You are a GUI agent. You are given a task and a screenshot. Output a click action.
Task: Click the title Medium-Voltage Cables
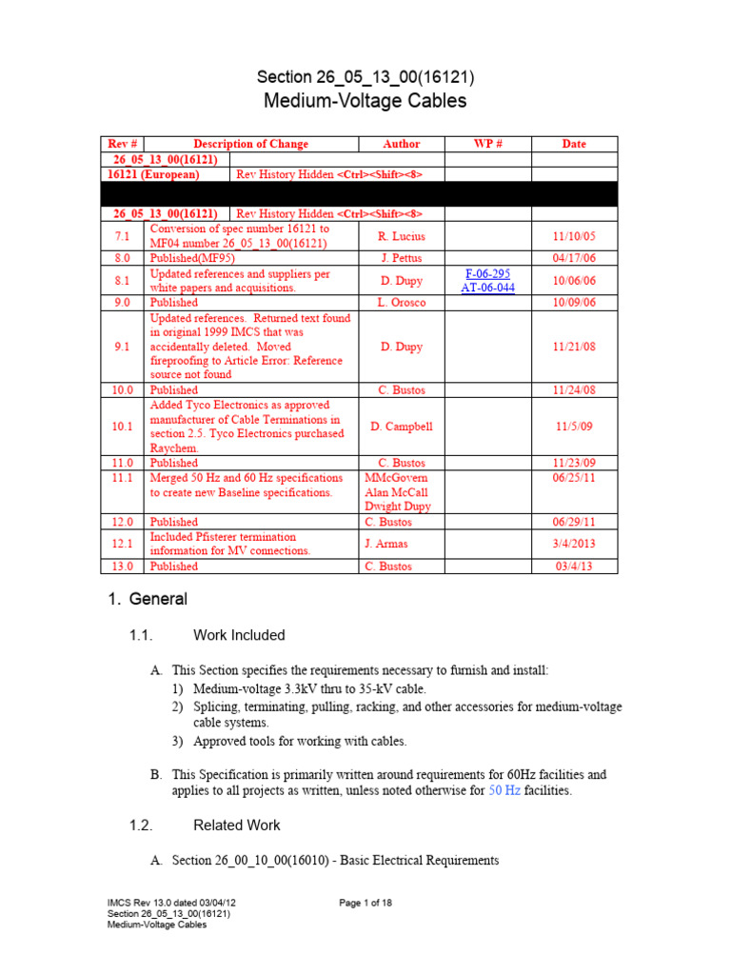(x=365, y=101)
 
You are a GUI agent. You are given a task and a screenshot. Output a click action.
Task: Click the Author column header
(x=401, y=144)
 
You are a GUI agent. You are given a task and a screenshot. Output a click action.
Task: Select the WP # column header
(x=487, y=144)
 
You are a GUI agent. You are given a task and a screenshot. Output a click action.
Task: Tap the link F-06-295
(x=487, y=274)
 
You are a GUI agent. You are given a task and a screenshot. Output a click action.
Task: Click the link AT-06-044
(x=487, y=288)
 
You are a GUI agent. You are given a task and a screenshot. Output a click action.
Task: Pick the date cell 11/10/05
(x=574, y=236)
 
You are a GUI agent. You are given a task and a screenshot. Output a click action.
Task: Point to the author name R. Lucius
(x=401, y=236)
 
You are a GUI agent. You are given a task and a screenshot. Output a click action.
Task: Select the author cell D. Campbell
(x=401, y=427)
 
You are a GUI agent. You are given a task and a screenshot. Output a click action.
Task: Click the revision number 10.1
(x=122, y=427)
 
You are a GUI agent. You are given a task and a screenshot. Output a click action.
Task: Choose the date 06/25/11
(x=574, y=478)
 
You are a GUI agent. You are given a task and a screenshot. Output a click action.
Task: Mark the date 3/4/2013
(x=574, y=544)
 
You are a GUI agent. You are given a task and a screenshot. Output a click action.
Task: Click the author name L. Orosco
(x=401, y=303)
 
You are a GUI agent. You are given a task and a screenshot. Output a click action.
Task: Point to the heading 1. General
(x=147, y=599)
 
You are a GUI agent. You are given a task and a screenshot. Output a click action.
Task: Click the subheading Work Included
(x=239, y=635)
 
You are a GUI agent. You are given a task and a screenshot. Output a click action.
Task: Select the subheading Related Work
(x=237, y=825)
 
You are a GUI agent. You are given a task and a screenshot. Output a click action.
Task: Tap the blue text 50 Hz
(x=504, y=791)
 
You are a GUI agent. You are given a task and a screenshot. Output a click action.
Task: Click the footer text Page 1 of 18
(x=365, y=903)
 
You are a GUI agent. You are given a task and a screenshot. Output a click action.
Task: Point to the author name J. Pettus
(x=401, y=258)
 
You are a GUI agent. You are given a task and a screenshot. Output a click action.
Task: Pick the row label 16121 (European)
(x=153, y=175)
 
